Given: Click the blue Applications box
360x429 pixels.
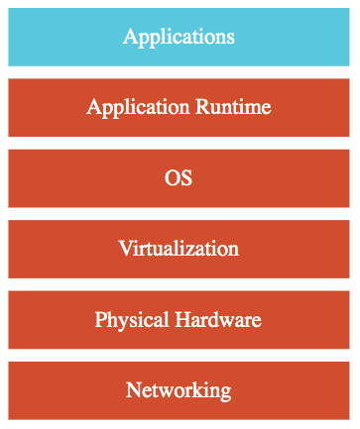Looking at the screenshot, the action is pyautogui.click(x=179, y=38).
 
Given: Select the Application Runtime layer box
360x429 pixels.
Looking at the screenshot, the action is pyautogui.click(x=179, y=107).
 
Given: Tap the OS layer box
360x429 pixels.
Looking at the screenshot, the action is pyautogui.click(x=179, y=178).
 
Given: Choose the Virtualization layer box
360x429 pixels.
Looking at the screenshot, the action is pyautogui.click(x=179, y=249).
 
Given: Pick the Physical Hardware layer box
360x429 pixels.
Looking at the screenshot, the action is pyautogui.click(x=179, y=320).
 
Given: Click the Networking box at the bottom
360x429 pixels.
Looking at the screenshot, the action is pyautogui.click(x=179, y=390).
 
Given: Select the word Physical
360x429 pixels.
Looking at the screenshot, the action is pyautogui.click(x=129, y=320).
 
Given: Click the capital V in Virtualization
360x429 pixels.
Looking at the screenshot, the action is pyautogui.click(x=124, y=248).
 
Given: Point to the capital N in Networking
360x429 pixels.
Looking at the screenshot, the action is pyautogui.click(x=133, y=390).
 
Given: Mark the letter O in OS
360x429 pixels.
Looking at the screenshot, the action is pyautogui.click(x=172, y=178).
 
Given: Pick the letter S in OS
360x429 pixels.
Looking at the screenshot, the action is pyautogui.click(x=186, y=178).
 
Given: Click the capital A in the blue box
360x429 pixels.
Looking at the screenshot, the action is pyautogui.click(x=130, y=37).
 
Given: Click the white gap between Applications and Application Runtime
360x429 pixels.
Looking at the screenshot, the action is pyautogui.click(x=179, y=72).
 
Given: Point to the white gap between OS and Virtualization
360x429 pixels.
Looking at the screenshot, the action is pyautogui.click(x=179, y=214).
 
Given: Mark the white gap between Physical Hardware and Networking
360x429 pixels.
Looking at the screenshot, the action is pyautogui.click(x=179, y=356).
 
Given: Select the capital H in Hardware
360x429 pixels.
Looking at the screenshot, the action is pyautogui.click(x=179, y=320).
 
